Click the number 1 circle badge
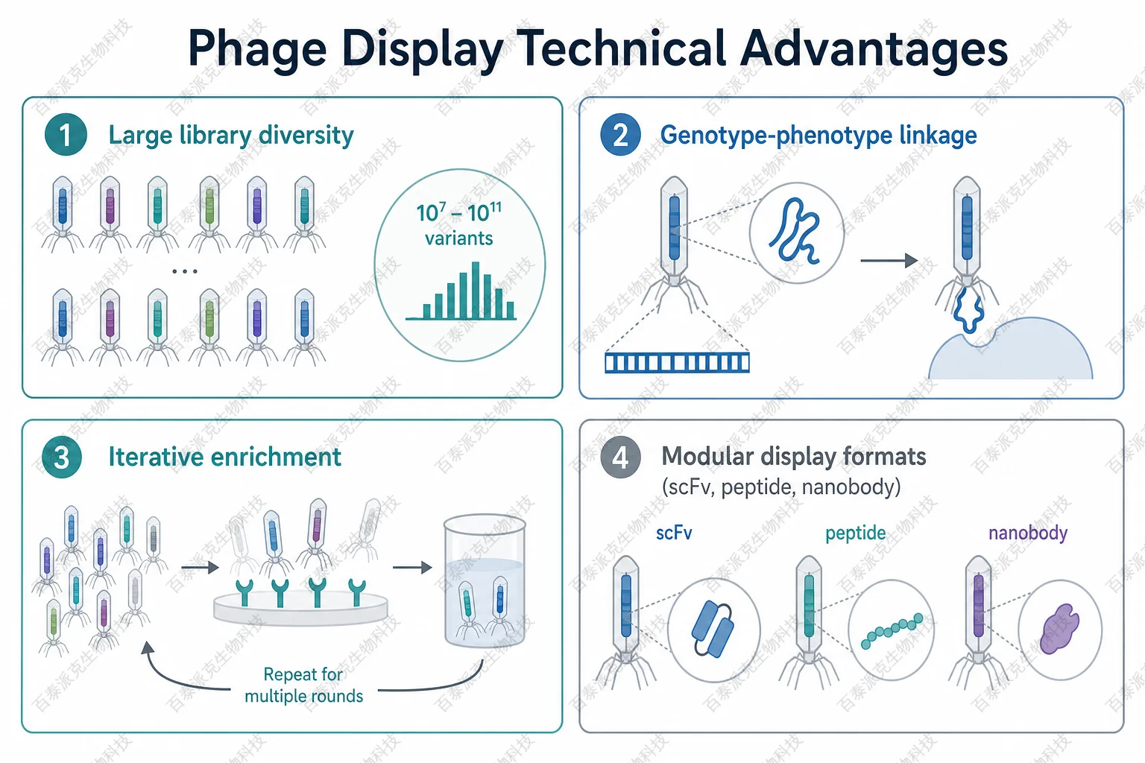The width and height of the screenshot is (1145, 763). [x=66, y=135]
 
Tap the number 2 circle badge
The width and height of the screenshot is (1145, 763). [x=620, y=135]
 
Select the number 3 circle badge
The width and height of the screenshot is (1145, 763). [x=61, y=458]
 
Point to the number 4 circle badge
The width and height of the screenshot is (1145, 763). [x=620, y=458]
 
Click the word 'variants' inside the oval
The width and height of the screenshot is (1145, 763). [x=459, y=238]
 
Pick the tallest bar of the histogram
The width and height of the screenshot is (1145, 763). [x=476, y=291]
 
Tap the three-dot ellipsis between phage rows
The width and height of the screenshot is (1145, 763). [x=185, y=271]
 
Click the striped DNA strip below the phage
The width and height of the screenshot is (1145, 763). [x=677, y=362]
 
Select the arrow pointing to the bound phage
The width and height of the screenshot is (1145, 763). [x=889, y=261]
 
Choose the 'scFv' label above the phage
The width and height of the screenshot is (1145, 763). [x=674, y=533]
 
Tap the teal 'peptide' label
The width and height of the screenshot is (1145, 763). [x=856, y=534]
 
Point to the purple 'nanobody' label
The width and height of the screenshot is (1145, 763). [x=1028, y=533]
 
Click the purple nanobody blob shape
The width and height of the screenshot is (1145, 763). [x=1059, y=629]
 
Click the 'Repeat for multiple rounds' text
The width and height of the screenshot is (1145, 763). [x=303, y=685]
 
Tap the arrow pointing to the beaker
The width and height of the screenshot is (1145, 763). [x=412, y=567]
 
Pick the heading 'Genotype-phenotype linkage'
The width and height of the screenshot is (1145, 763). [x=818, y=136]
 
